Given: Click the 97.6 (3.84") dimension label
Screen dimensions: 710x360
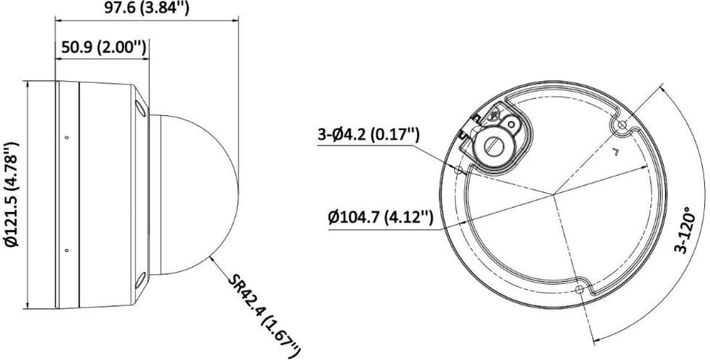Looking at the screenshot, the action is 146,7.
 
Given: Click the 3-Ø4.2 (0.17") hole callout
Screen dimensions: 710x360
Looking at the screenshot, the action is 368,135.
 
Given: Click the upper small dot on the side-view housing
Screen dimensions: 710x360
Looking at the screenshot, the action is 67,137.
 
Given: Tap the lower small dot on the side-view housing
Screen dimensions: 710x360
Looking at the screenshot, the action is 67,251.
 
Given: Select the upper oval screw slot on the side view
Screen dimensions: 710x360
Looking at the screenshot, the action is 141,108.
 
